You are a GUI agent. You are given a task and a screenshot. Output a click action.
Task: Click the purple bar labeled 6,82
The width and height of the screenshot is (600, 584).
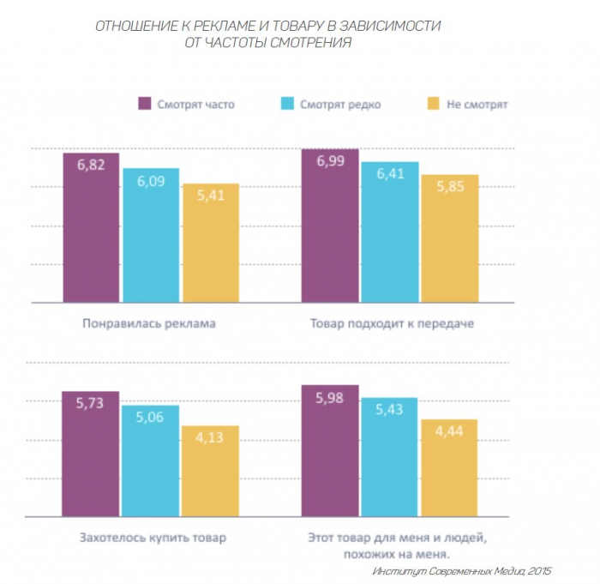coord(91,227)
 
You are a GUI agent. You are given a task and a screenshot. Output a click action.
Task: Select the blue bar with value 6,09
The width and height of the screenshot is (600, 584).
coord(151,235)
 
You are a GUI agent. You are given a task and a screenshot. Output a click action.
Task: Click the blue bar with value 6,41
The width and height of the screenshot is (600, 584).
coord(390,232)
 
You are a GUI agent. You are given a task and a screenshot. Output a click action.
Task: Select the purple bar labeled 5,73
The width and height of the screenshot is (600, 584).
coord(91,455)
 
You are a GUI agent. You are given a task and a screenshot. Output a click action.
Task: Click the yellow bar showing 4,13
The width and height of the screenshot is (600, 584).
coord(210,472)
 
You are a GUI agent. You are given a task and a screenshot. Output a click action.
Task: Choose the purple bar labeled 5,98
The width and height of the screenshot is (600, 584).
coord(330,451)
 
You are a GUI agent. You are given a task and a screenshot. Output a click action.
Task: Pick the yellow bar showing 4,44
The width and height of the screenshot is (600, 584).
coord(449,468)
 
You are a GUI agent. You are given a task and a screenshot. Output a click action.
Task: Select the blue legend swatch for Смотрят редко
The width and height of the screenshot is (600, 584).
coord(288,104)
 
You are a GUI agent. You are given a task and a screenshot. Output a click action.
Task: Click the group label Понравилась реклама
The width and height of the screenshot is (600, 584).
coord(150,324)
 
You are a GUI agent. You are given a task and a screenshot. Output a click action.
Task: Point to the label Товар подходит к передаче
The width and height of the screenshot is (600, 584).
coord(390,324)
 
